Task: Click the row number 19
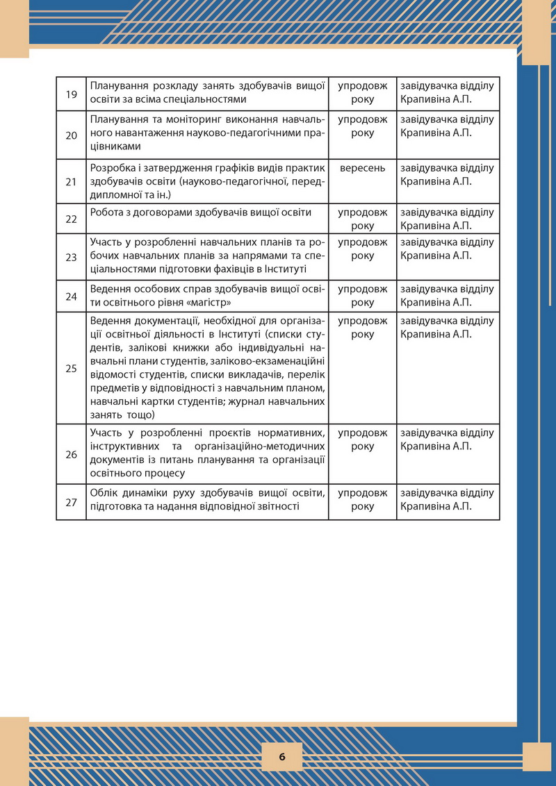[71, 93]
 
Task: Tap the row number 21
[71, 182]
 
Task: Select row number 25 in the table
[71, 368]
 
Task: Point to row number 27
[71, 502]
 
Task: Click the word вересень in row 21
[362, 168]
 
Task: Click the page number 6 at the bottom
[282, 757]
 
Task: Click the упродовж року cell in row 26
[362, 440]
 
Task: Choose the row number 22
[71, 219]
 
